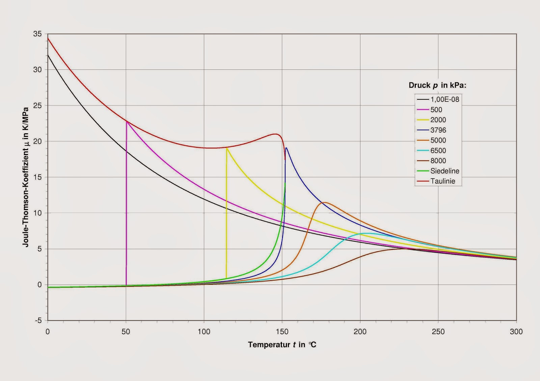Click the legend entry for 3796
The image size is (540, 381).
[438, 130]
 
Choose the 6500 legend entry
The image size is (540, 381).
[438, 150]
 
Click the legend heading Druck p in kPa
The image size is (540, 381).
[437, 85]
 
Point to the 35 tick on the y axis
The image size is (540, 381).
[37, 34]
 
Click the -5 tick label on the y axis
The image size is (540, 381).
[38, 320]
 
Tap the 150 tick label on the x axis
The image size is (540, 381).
[282, 332]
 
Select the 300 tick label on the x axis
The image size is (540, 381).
[516, 332]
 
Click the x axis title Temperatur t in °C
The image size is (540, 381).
[282, 345]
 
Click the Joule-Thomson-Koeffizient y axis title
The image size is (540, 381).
[26, 177]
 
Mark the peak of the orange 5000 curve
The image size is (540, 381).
[324, 202]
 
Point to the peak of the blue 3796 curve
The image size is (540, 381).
[287, 148]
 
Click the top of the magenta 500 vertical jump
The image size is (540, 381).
[127, 121]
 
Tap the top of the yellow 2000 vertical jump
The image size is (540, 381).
[227, 148]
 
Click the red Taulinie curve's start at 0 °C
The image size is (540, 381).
[48, 38]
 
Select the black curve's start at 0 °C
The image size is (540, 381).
[48, 55]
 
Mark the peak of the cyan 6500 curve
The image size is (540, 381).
[366, 233]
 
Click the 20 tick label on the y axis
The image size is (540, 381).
[37, 141]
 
